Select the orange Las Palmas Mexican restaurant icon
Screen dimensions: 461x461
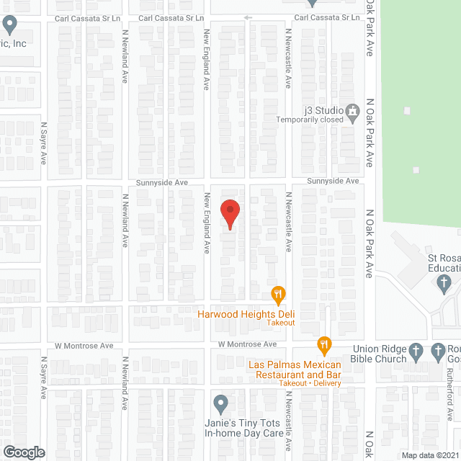coord(325,346)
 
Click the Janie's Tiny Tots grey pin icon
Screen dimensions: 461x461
coord(221,403)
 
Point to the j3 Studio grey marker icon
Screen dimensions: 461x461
coord(352,110)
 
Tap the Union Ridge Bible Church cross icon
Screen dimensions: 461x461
coord(416,352)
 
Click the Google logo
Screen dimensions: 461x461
coord(23,452)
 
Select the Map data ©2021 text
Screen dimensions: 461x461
coord(429,455)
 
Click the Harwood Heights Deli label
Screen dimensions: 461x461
coord(248,313)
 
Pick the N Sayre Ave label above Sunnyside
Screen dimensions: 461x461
coord(44,141)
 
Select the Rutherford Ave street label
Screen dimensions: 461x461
coord(448,395)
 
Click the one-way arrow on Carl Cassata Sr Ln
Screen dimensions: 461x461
coord(248,17)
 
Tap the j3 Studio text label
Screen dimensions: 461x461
coord(319,110)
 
